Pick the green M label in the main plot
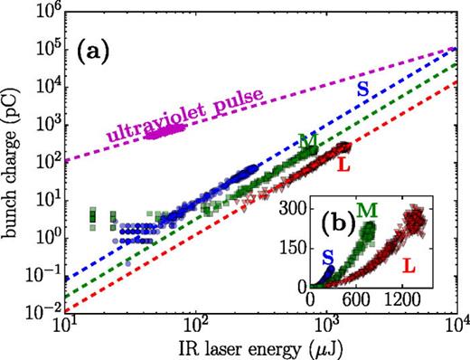click(309, 141)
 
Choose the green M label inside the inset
click(366, 212)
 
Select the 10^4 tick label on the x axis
click(457, 325)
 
